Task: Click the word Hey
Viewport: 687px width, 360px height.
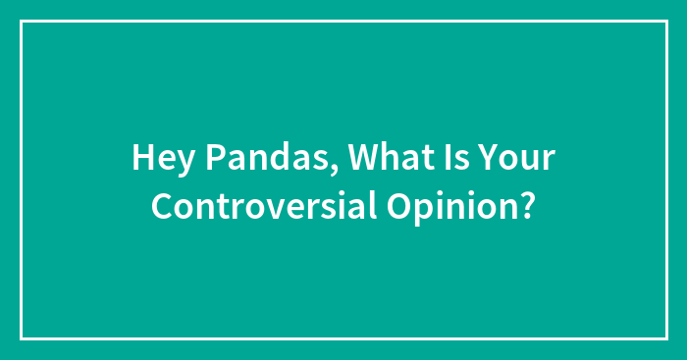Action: coord(157,160)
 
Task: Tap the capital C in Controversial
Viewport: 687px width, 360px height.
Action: coord(162,207)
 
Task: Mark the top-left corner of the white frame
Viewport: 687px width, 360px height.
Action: coord(21,21)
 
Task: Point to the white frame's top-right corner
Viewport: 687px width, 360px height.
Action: coord(665,21)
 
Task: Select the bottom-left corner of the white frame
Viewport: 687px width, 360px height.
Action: coord(21,338)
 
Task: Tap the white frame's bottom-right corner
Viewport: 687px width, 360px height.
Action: coord(665,338)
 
